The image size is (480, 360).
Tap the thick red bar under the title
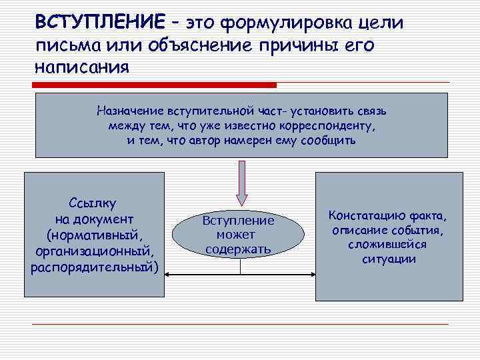[156, 85]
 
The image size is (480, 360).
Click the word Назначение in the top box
[133, 111]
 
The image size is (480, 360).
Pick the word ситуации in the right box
[388, 259]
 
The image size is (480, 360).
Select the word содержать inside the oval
[238, 250]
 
